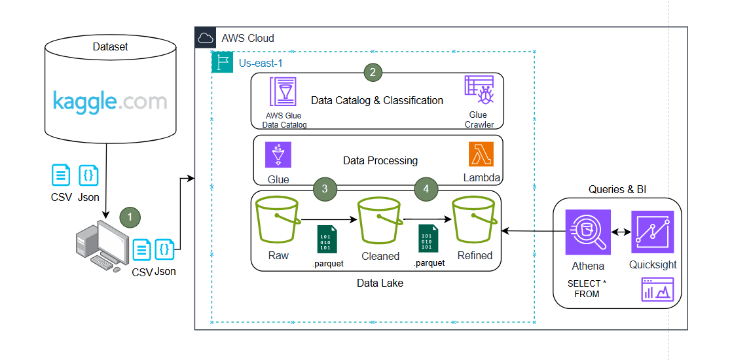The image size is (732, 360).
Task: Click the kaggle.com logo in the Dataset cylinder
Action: [x=109, y=101]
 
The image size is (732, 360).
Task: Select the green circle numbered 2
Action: [x=373, y=73]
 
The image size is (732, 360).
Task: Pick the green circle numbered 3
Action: [x=325, y=189]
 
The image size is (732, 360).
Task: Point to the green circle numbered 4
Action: [x=426, y=189]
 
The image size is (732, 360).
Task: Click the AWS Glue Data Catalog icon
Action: [x=282, y=92]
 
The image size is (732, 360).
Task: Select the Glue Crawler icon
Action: [x=479, y=91]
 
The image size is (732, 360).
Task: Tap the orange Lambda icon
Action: [x=481, y=154]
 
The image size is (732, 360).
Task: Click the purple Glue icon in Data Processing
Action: [x=278, y=155]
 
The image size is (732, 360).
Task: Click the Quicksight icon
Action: [x=652, y=232]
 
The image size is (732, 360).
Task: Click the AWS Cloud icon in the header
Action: [x=206, y=37]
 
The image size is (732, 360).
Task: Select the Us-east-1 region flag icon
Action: [x=222, y=63]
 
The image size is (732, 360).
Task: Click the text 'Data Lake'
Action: [x=380, y=283]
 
